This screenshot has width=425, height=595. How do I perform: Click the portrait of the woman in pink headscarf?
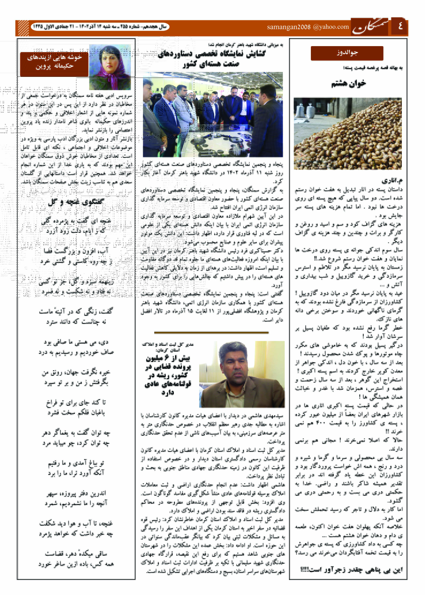point(110,67)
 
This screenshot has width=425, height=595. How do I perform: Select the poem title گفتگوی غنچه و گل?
point(76,202)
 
